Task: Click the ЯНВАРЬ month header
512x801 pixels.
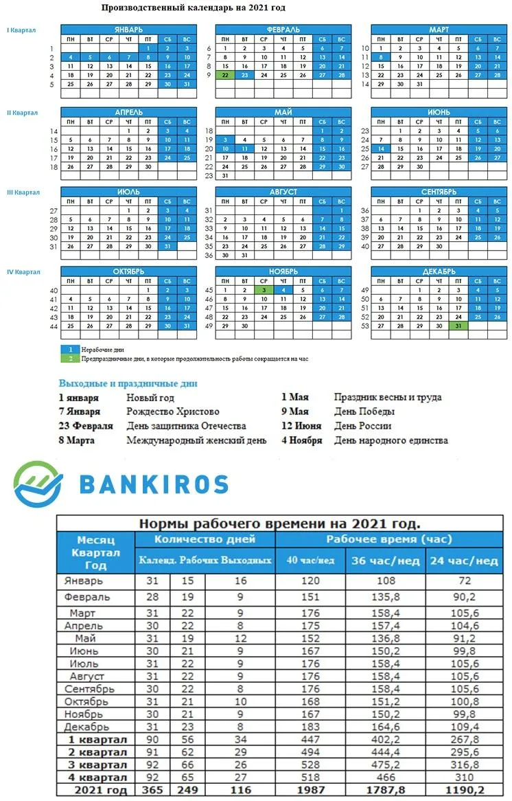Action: point(129,30)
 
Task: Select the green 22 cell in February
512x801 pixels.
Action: point(225,75)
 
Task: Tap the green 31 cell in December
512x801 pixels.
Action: point(458,326)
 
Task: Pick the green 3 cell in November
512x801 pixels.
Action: point(264,290)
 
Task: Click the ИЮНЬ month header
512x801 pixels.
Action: point(439,111)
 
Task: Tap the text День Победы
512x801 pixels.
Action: point(364,411)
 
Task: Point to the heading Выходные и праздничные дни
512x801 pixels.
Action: point(128,383)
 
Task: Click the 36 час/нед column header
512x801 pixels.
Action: point(385,561)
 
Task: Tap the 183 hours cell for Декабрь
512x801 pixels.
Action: point(310,727)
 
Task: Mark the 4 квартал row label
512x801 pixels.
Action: point(97,778)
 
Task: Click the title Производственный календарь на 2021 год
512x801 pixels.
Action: point(193,8)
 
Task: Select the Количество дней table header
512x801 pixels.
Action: point(205,539)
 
